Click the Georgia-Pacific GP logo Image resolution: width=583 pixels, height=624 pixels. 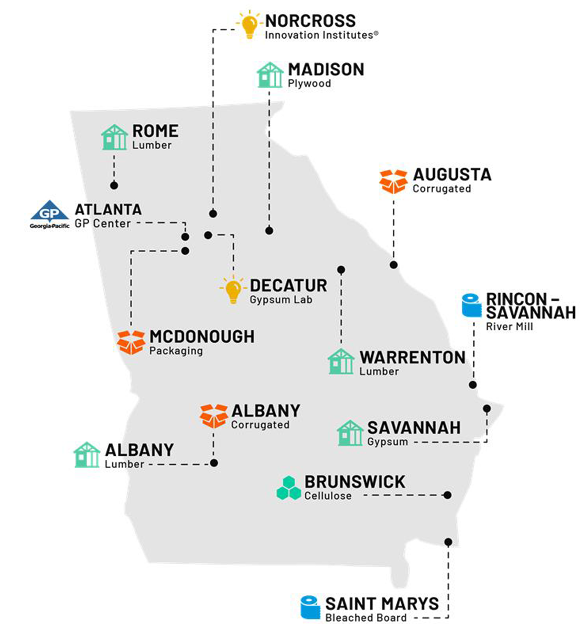click(x=50, y=214)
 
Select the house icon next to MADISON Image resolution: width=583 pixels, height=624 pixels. click(x=270, y=75)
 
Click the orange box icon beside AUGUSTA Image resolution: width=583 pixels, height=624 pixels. click(x=393, y=181)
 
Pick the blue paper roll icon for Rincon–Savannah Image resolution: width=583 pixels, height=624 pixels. click(x=472, y=306)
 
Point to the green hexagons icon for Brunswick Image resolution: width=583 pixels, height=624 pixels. click(x=289, y=488)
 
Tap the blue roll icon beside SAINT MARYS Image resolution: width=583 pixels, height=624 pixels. click(x=310, y=607)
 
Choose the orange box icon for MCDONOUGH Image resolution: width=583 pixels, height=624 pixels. click(x=131, y=342)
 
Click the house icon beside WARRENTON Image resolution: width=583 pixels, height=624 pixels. click(x=341, y=362)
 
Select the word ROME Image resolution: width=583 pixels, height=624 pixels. click(x=155, y=131)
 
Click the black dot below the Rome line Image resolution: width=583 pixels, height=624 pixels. click(x=114, y=185)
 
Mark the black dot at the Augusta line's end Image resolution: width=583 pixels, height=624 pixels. click(x=394, y=265)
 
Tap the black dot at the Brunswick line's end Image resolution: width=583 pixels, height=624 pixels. click(x=447, y=495)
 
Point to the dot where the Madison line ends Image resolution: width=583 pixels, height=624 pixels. click(x=269, y=230)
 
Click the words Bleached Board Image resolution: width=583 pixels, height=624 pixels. click(x=366, y=618)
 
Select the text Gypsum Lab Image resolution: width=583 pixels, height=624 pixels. click(x=281, y=300)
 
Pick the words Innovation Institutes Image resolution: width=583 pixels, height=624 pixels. click(x=319, y=35)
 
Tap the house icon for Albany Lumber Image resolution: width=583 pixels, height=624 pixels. click(x=87, y=455)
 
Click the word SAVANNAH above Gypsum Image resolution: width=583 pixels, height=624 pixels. click(x=414, y=427)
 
